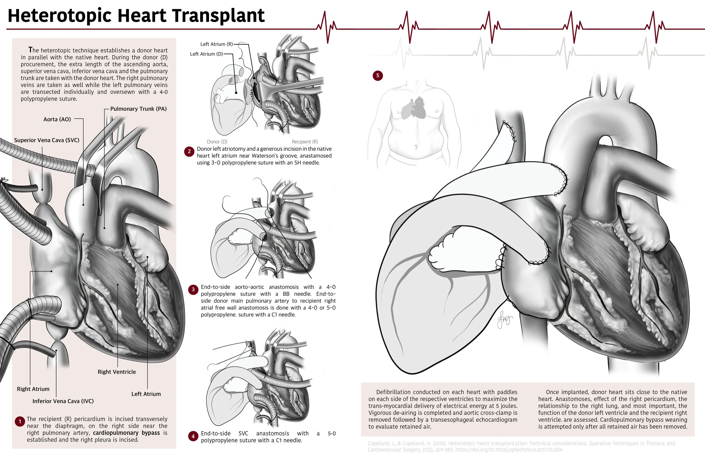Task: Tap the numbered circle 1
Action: pos(20,421)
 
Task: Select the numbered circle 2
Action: pos(189,152)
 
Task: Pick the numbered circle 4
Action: pos(193,436)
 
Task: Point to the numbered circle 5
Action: pos(378,76)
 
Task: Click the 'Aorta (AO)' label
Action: pos(57,119)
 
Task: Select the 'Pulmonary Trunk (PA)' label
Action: pos(138,109)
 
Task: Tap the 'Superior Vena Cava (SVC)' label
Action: pos(47,140)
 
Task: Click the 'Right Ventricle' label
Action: pos(117,372)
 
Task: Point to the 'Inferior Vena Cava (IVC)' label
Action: pos(63,401)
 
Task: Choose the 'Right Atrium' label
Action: pos(33,389)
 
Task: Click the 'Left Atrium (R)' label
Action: pos(217,44)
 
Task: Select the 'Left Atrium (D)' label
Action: pos(206,54)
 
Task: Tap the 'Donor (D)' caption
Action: pos(217,141)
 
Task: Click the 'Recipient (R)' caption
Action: pos(305,141)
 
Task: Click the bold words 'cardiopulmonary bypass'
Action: pos(126,433)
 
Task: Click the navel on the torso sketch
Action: pos(416,147)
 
